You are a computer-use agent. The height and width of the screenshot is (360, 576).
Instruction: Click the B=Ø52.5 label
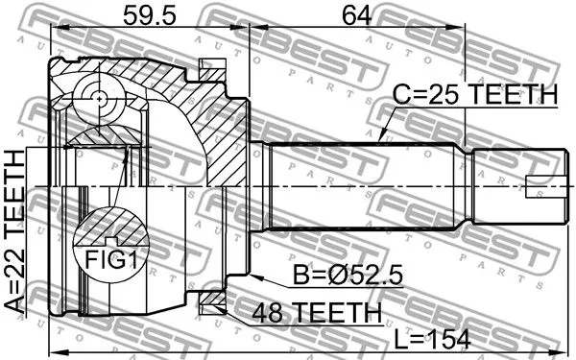point(348,276)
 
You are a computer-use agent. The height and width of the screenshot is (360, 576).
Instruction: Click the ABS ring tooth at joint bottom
point(210,304)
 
